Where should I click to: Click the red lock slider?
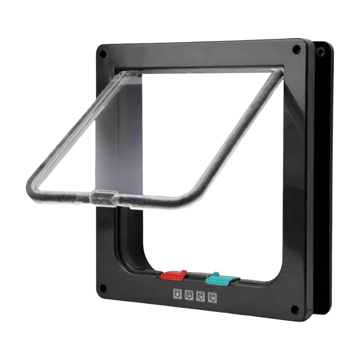[173, 275]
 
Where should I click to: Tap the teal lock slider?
[223, 279]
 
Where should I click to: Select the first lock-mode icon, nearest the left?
[177, 293]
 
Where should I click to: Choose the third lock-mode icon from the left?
[201, 296]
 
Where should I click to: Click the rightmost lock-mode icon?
[213, 298]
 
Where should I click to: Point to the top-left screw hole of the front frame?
[103, 54]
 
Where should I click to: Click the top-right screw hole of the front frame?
[296, 50]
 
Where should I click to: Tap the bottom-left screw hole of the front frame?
[103, 288]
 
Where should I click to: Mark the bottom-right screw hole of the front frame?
[295, 309]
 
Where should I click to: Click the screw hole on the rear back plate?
[319, 53]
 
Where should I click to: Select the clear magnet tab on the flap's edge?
[103, 196]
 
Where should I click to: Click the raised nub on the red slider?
[183, 272]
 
